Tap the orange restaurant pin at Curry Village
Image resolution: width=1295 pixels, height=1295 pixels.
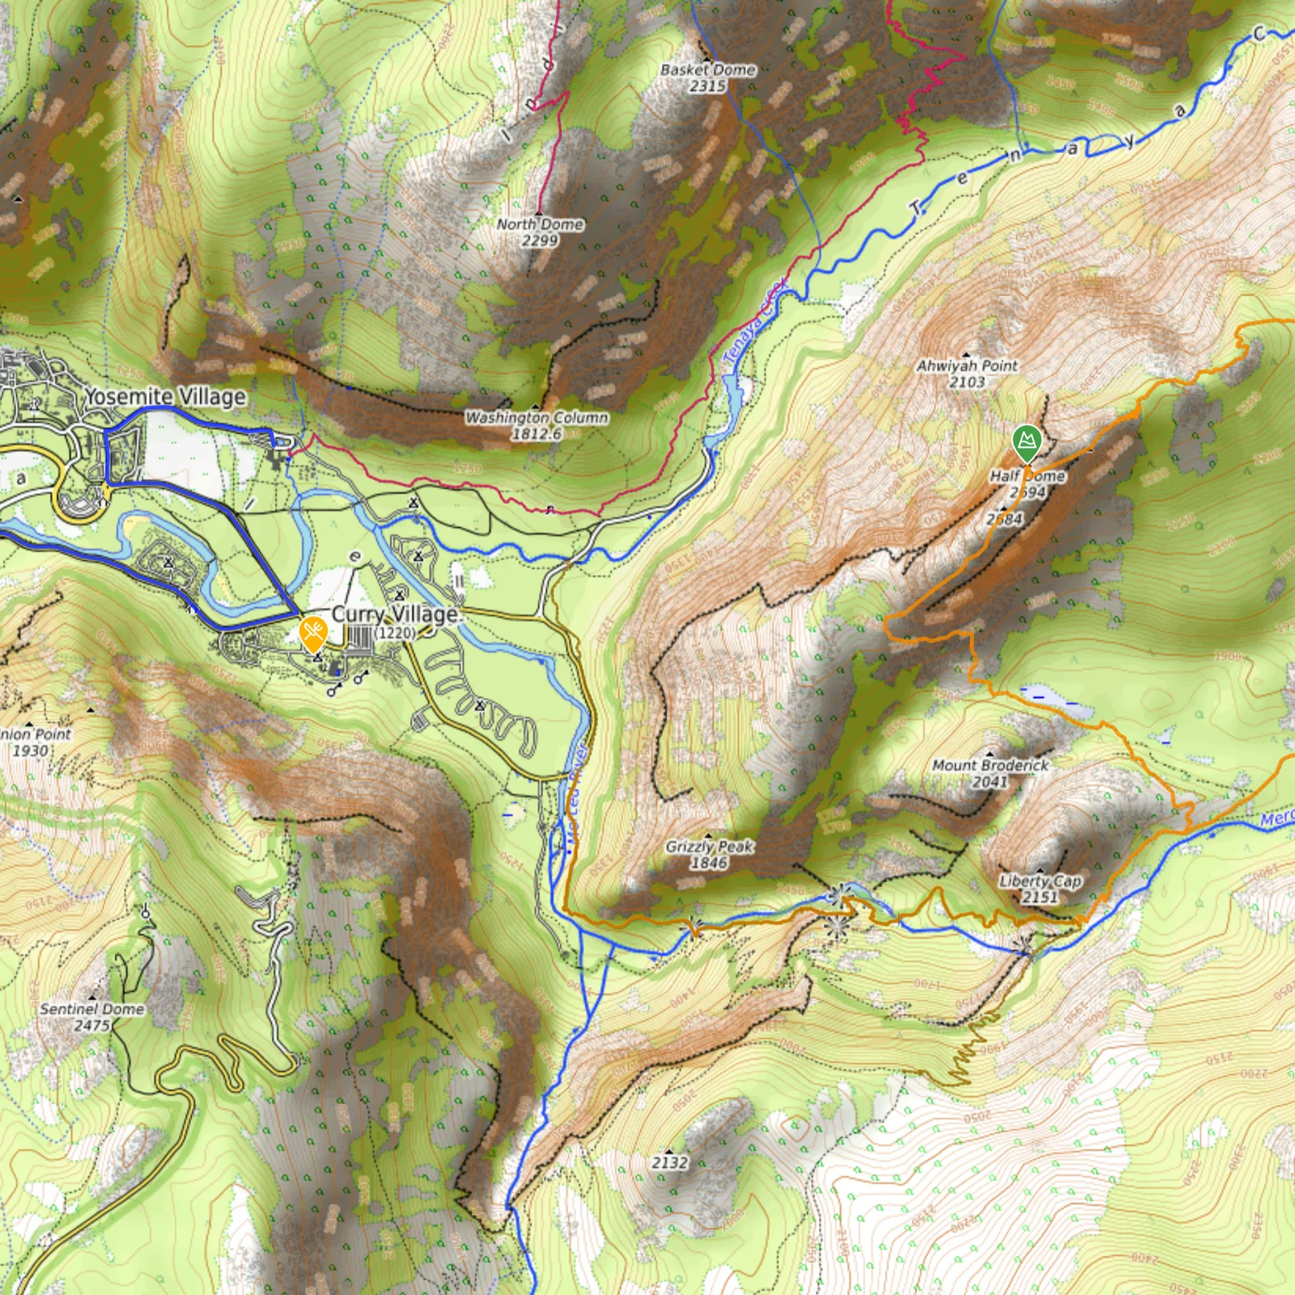(312, 632)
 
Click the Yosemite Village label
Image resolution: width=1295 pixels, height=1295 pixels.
(165, 397)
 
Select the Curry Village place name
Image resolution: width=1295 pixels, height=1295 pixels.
(395, 614)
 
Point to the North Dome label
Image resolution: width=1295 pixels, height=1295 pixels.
(540, 224)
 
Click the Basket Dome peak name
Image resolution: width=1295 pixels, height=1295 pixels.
(707, 70)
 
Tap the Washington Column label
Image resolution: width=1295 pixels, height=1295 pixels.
(537, 418)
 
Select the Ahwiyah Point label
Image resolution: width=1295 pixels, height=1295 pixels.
(967, 366)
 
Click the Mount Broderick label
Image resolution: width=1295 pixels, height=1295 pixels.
(990, 765)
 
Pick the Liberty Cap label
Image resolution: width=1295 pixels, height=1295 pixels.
(1040, 881)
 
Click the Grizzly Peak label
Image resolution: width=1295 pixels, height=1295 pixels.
(709, 847)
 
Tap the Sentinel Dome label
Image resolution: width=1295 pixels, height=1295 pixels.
(91, 1009)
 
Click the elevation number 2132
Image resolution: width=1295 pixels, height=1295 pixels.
(670, 1162)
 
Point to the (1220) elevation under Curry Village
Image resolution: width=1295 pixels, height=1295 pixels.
(396, 633)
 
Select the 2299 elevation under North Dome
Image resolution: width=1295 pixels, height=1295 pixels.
(539, 240)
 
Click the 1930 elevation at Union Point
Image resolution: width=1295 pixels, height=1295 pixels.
(30, 750)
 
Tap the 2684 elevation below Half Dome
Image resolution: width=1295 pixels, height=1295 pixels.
(1004, 519)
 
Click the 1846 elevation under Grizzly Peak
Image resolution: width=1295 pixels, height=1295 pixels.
(709, 863)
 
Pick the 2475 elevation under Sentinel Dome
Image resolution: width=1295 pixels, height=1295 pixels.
(91, 1025)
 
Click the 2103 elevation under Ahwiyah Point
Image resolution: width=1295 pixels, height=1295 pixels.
(967, 382)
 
